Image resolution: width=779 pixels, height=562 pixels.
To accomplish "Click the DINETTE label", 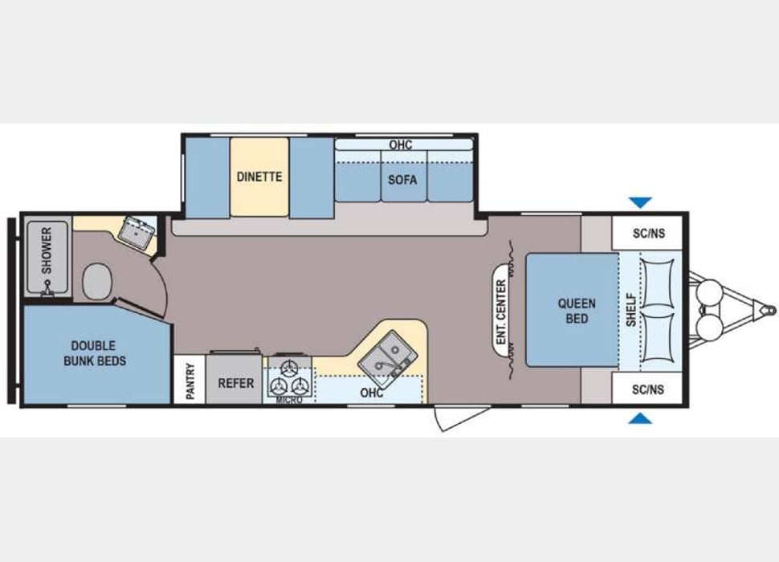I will [259, 177].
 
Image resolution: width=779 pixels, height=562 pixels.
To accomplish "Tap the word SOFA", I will [402, 180].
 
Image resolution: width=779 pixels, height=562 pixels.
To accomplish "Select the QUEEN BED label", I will [577, 311].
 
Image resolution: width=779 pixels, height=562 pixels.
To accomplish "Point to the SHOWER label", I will [47, 250].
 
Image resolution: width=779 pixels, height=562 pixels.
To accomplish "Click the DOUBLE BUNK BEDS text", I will [95, 353].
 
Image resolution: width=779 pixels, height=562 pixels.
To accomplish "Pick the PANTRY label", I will [190, 381].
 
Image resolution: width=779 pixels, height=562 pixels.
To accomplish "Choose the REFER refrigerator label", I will [236, 383].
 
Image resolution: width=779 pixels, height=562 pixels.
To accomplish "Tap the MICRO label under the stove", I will [289, 400].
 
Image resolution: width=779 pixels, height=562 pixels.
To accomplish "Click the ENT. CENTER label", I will [502, 310].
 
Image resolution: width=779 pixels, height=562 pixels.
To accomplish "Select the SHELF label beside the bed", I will [630, 310].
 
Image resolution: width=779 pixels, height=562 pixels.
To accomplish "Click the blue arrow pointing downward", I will [641, 202].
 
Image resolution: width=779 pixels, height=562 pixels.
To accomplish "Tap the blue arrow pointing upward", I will [641, 418].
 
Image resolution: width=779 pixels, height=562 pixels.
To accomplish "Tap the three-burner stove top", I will [289, 376].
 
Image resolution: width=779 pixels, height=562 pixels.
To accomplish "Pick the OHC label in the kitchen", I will [371, 393].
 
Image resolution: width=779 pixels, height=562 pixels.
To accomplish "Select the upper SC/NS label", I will [647, 234].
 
